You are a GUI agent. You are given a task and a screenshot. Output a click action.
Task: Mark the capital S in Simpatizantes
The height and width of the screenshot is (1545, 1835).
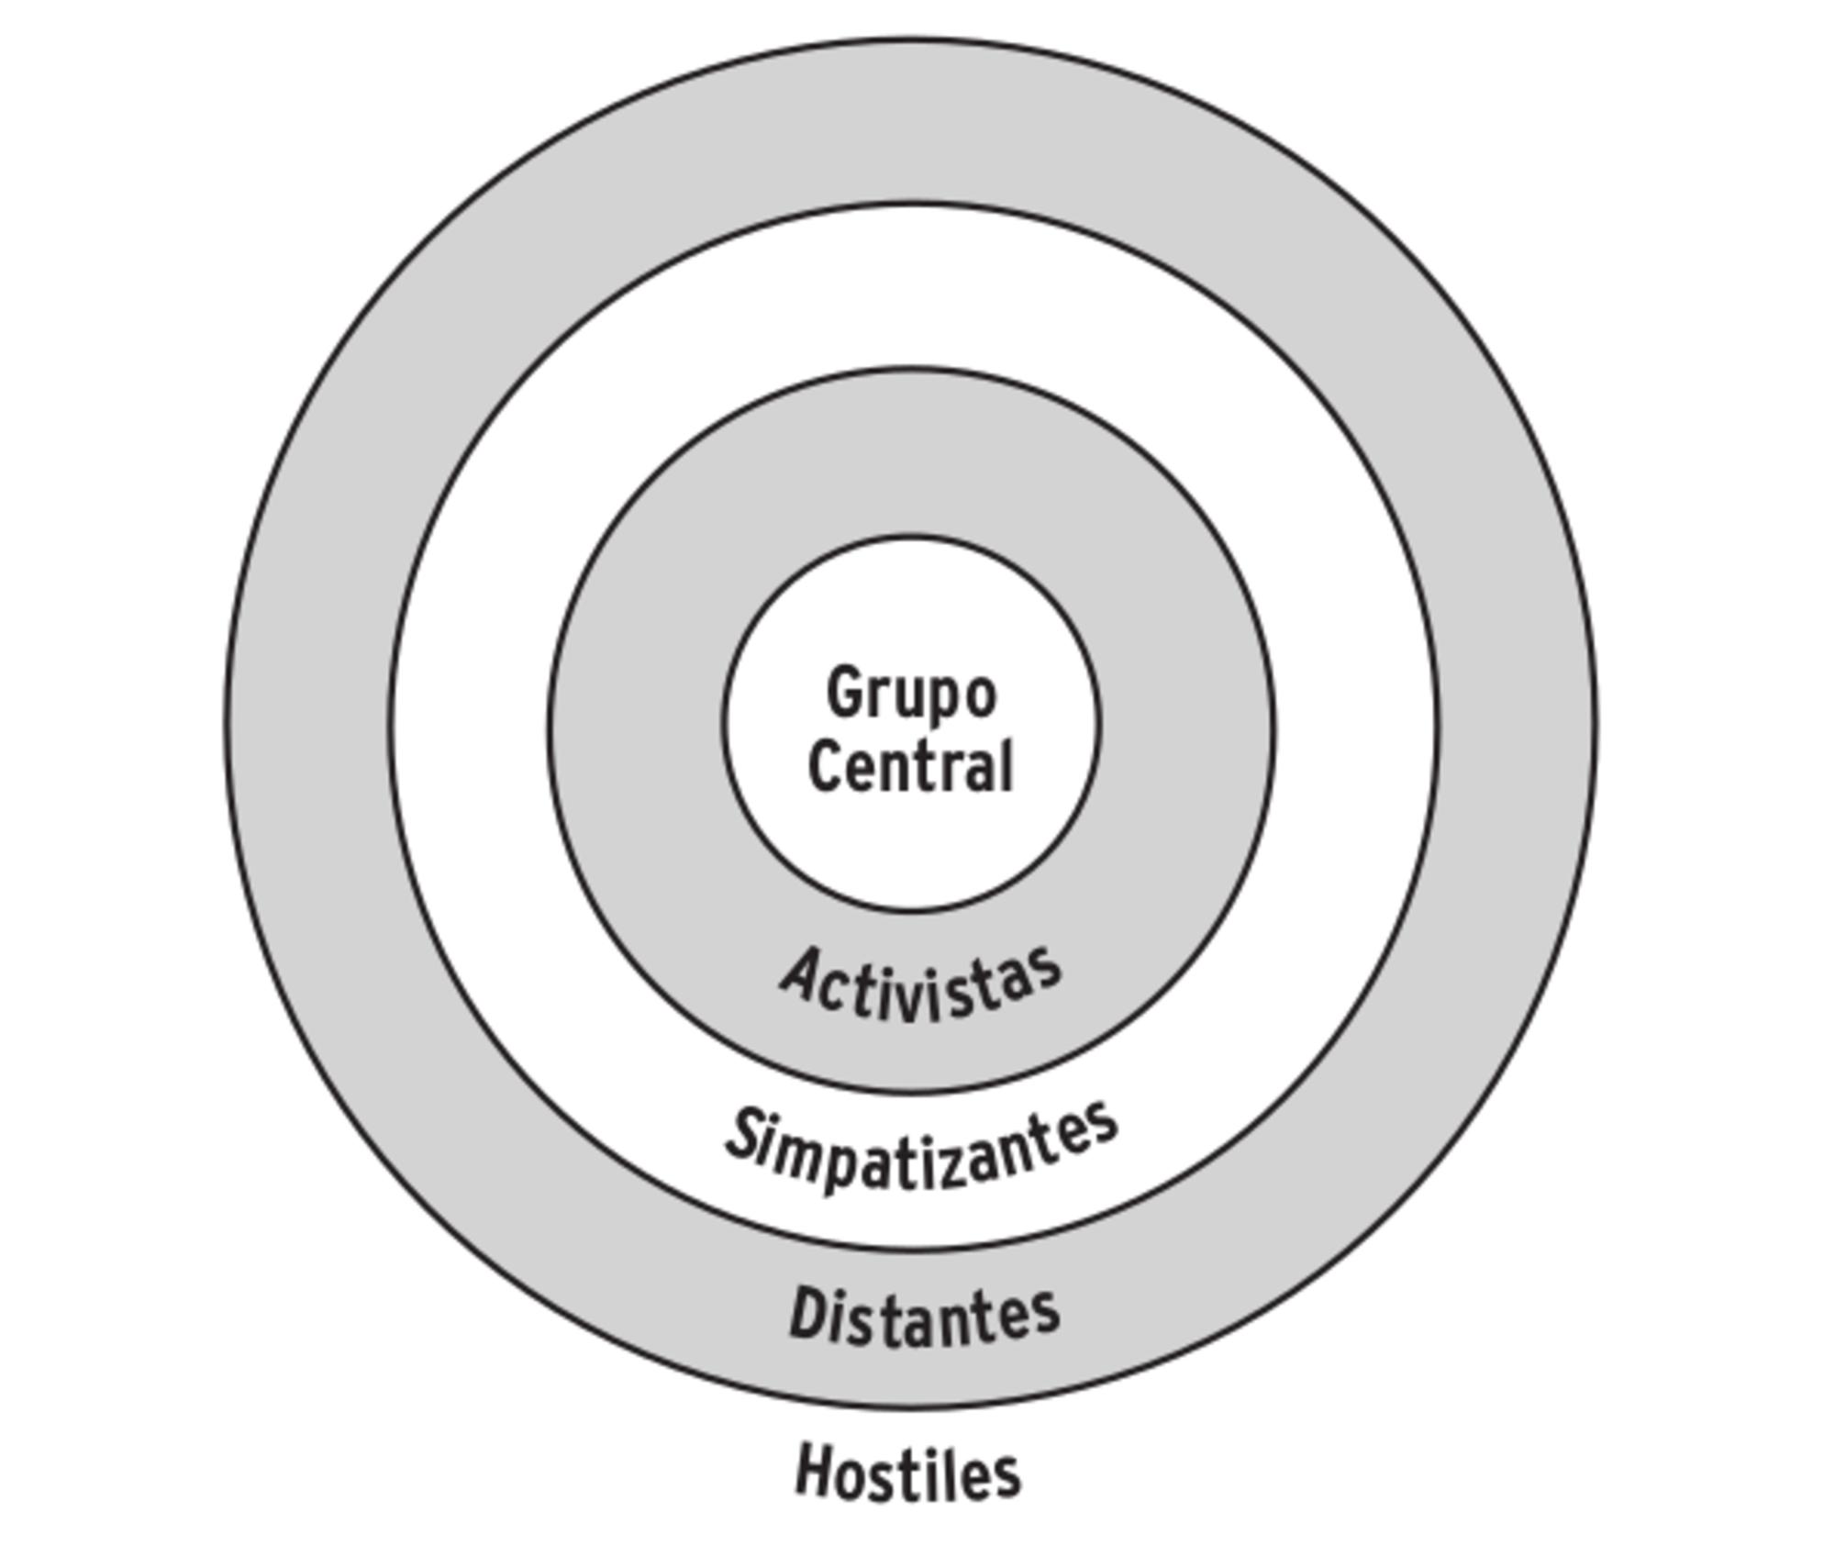[x=748, y=1136]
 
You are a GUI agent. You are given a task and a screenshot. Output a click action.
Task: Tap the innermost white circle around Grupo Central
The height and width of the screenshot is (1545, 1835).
[x=910, y=853]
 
